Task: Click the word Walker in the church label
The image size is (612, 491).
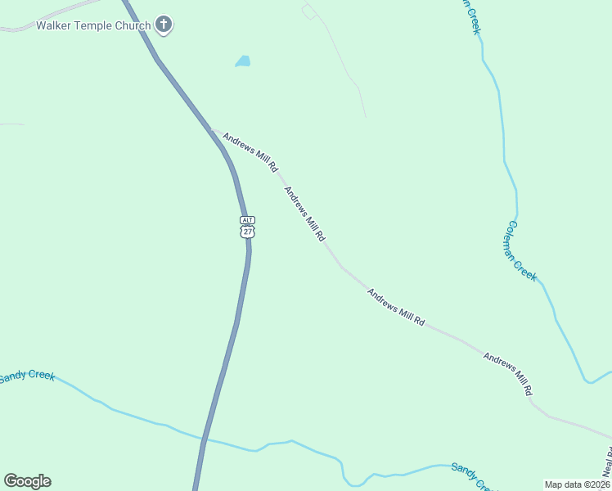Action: point(54,25)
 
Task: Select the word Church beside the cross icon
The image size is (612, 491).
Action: point(133,25)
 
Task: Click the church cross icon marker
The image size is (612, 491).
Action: point(164,25)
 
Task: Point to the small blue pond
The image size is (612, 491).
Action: point(243,61)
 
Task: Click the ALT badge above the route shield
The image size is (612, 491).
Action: point(247,220)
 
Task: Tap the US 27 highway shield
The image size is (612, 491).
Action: point(247,232)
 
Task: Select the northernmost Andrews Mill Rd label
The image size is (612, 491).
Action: point(250,151)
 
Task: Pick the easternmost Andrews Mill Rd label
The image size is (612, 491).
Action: point(508,375)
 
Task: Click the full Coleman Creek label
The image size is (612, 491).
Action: point(522,251)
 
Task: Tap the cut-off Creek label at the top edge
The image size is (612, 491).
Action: point(471,16)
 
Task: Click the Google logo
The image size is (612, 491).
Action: point(27,481)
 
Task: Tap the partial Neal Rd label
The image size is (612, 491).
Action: point(606,463)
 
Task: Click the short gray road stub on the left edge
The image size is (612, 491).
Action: point(11,124)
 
